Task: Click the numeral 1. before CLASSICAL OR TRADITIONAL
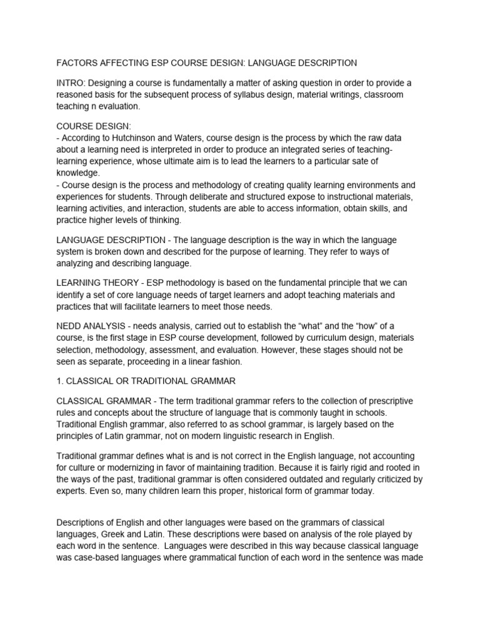[x=61, y=381]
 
